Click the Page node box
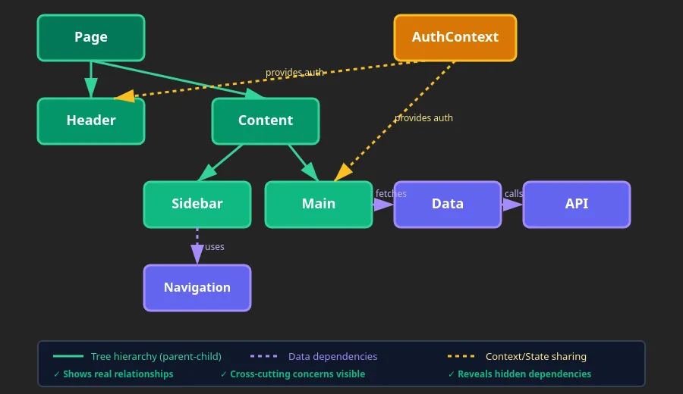tap(91, 38)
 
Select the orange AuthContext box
tap(455, 38)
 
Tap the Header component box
tap(91, 120)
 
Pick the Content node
tap(266, 120)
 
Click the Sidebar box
tap(197, 204)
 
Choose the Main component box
tap(319, 204)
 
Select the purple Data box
tap(448, 204)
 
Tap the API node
tap(577, 204)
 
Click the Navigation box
tap(197, 288)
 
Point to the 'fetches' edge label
tap(391, 194)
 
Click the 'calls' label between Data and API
tap(514, 194)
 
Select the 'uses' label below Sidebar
tap(215, 247)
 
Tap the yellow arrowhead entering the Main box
tap(343, 173)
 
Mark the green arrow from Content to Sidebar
tap(220, 162)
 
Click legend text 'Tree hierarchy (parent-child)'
tap(156, 356)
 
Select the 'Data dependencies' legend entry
tap(332, 356)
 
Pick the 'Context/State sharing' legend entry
tap(536, 356)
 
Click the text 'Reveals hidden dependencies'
tap(524, 374)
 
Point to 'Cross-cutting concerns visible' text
tap(297, 374)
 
